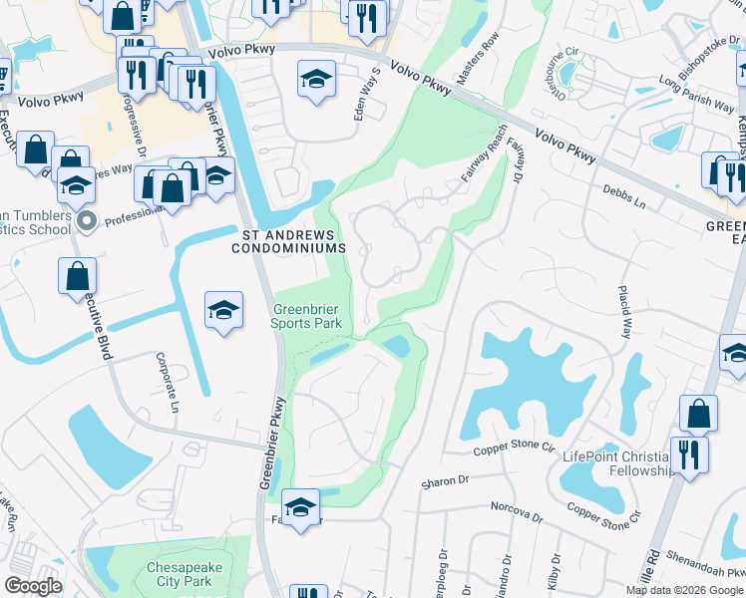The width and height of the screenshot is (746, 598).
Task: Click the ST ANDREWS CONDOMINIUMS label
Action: point(292,241)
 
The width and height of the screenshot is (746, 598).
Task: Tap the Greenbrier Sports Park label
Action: point(308,316)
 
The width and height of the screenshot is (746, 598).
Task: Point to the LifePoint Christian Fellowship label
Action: point(618,462)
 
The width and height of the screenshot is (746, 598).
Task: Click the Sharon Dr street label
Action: point(444,482)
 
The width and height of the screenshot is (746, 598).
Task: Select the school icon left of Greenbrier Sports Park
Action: point(224,310)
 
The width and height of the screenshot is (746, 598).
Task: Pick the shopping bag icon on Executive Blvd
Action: point(77,277)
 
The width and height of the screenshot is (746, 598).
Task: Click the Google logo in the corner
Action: point(33,586)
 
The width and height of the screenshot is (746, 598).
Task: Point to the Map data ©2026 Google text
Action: point(684,590)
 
